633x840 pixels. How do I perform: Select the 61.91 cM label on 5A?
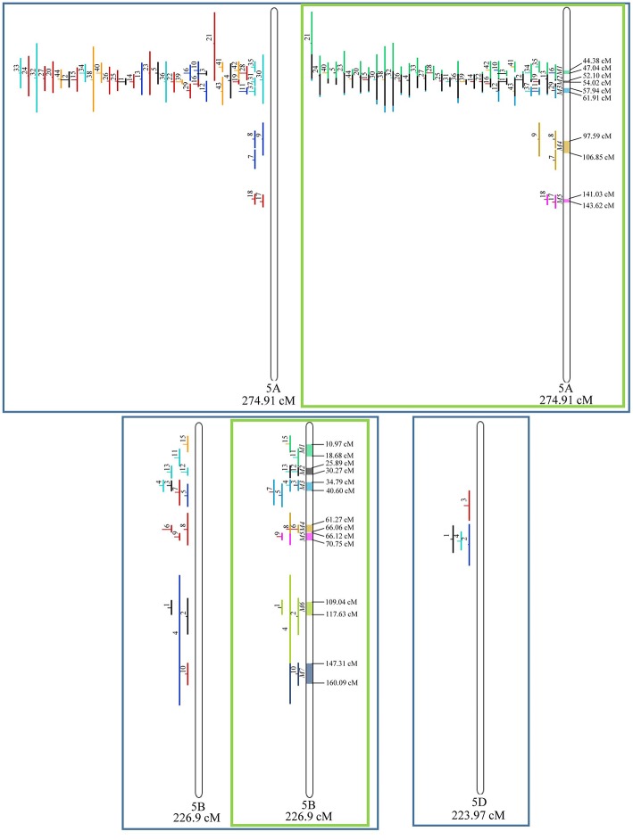pyautogui.click(x=596, y=98)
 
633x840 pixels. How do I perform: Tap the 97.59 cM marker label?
pyautogui.click(x=596, y=136)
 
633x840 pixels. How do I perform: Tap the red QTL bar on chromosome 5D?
pyautogui.click(x=469, y=506)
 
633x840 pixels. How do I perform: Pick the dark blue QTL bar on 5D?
pyautogui.click(x=469, y=544)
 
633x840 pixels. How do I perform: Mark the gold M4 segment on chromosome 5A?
pyautogui.click(x=566, y=146)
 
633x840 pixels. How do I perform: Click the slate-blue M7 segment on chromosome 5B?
pyautogui.click(x=310, y=673)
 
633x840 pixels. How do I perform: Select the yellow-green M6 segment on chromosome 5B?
pyautogui.click(x=310, y=609)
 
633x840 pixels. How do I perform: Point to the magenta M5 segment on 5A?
pyautogui.click(x=566, y=201)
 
